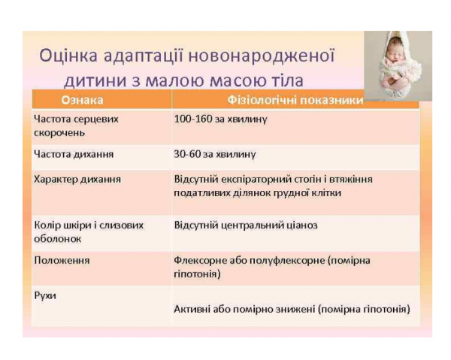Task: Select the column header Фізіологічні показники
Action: tap(295, 100)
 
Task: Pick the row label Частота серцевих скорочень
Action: tap(76, 126)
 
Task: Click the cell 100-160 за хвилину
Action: tap(220, 119)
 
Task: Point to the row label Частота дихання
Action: tap(74, 154)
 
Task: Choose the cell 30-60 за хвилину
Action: tap(215, 154)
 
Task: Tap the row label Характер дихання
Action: tap(77, 180)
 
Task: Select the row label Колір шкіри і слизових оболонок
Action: tap(89, 231)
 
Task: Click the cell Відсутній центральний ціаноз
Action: tap(245, 225)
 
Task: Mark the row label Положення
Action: tap(62, 260)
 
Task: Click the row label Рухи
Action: tap(46, 295)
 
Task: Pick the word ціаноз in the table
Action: tap(301, 225)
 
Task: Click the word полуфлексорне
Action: tap(280, 260)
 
